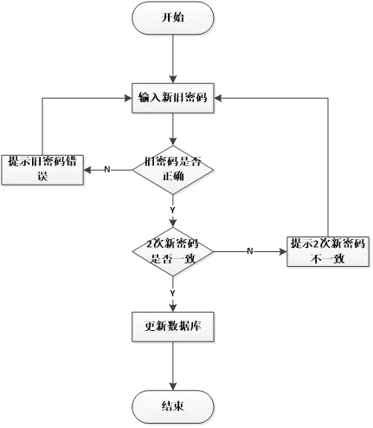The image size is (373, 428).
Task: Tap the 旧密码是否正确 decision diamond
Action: click(172, 169)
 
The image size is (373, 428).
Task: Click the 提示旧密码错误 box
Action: click(42, 168)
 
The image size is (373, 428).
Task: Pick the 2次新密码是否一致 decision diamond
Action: click(172, 250)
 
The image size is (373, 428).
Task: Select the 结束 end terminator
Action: click(172, 406)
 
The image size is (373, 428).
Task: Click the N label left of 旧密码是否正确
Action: click(106, 169)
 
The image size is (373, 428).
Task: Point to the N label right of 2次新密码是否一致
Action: click(250, 250)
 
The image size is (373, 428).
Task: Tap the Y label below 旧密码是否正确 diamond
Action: click(172, 211)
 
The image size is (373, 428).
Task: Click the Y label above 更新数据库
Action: click(172, 294)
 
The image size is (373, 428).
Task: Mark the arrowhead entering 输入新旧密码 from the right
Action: click(221, 97)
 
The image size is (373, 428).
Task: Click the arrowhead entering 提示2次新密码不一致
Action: click(281, 250)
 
